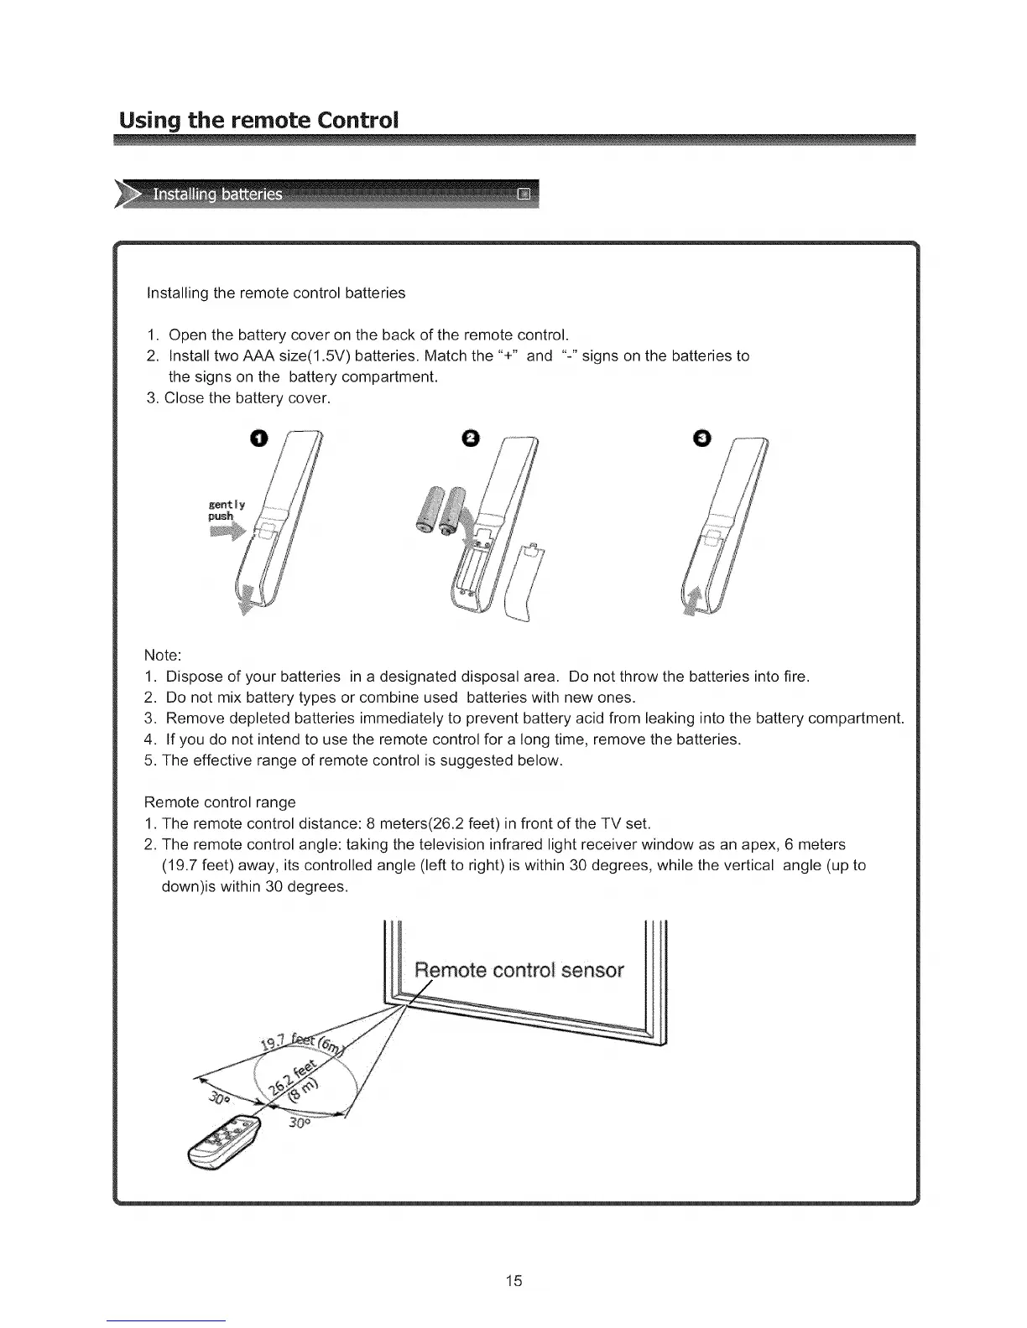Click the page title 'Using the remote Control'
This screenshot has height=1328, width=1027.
click(257, 119)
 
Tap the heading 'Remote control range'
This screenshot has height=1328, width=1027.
click(220, 801)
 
